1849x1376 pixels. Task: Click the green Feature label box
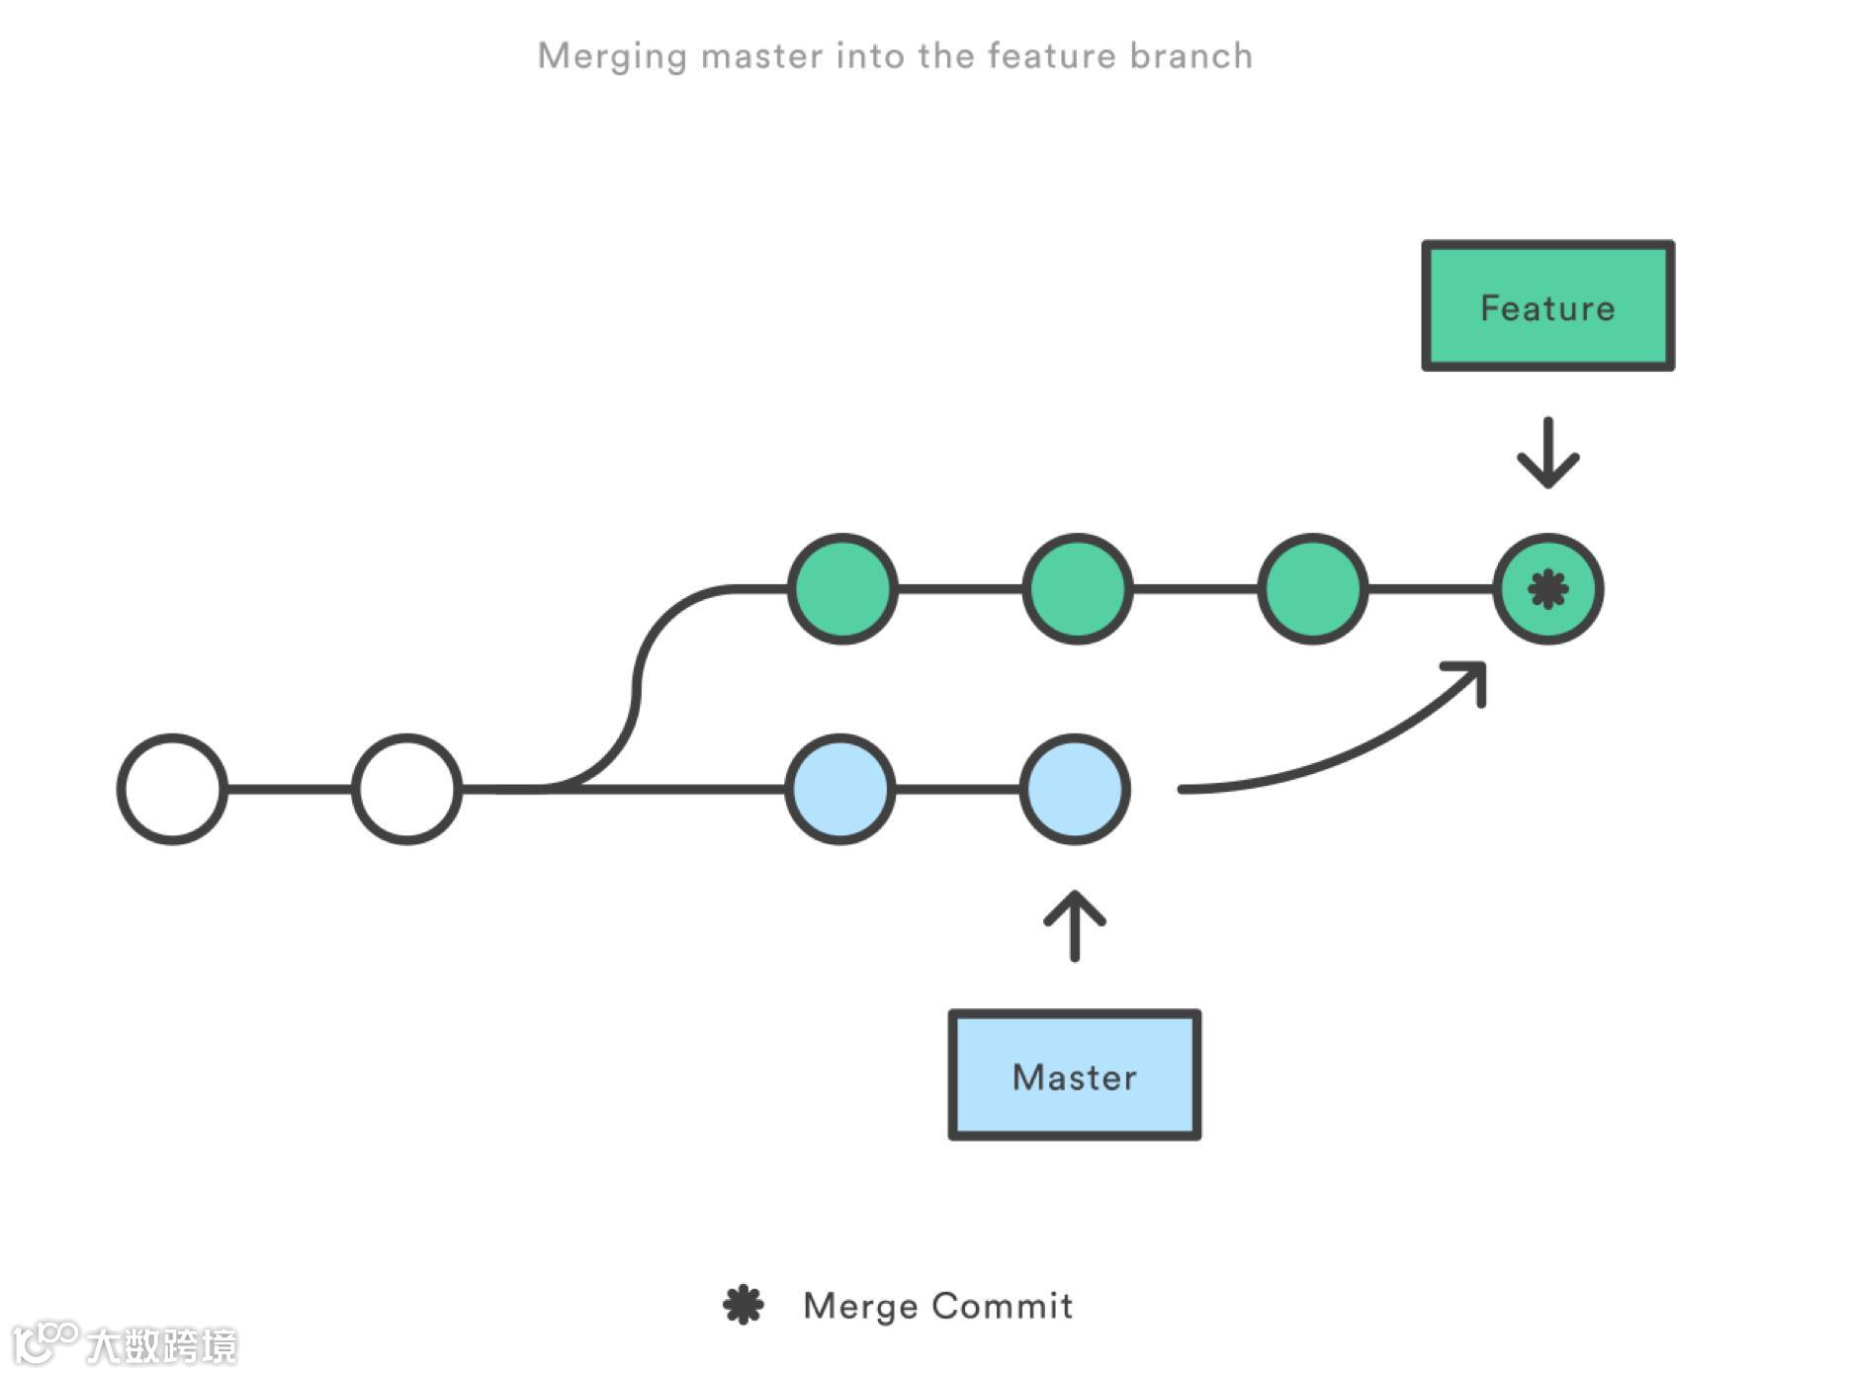tap(1547, 306)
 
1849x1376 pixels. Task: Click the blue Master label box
tap(1075, 1075)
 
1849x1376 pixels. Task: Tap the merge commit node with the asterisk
tap(1547, 589)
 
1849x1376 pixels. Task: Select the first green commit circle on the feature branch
tap(842, 589)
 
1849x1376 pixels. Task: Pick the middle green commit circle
tap(1077, 589)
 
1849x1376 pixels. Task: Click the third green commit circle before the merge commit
tap(1313, 589)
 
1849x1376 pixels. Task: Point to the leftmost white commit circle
tap(173, 789)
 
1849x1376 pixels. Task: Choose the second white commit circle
tap(407, 789)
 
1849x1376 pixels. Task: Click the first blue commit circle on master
tap(840, 789)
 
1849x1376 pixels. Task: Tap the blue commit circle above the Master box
tap(1075, 789)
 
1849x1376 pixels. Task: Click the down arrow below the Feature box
tap(1547, 455)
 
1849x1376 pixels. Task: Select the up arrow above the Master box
tap(1075, 925)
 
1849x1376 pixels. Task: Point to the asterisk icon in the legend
tap(744, 1305)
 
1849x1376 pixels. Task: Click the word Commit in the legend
tap(1002, 1306)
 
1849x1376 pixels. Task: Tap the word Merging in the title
tap(612, 56)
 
